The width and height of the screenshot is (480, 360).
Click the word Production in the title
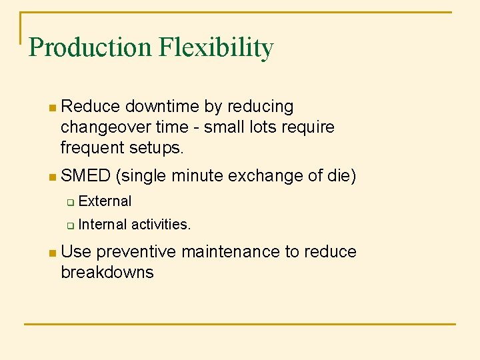click(x=90, y=47)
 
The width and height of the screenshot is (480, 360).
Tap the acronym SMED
click(x=85, y=176)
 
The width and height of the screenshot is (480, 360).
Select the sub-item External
click(x=105, y=201)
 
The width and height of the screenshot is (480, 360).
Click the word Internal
click(x=102, y=224)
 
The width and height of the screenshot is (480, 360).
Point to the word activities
click(x=161, y=224)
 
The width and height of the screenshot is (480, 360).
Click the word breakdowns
click(x=107, y=272)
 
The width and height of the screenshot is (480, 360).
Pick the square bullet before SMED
click(x=53, y=177)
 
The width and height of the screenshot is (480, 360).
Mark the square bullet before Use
click(x=53, y=253)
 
